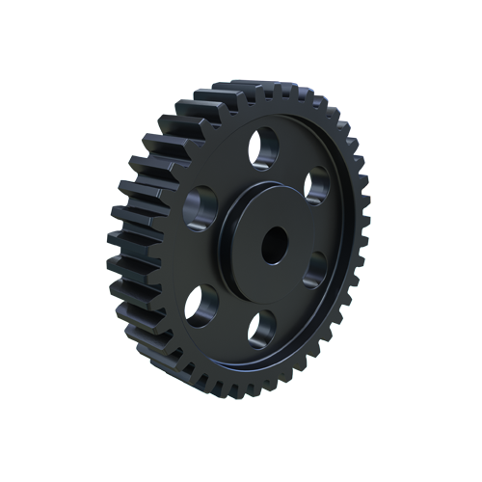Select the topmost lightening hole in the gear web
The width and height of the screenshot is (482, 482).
point(262,146)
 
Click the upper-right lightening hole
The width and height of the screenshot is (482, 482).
point(317,184)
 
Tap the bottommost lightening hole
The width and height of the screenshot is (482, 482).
point(260,327)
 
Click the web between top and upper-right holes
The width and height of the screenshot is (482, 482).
point(295,159)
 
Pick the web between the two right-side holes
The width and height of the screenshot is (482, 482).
point(328,229)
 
